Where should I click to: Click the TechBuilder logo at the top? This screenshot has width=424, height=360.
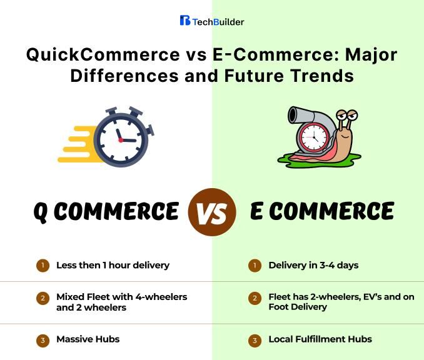[212, 21]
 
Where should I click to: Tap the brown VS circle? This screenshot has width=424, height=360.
[212, 212]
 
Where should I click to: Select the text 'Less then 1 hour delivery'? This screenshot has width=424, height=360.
[113, 265]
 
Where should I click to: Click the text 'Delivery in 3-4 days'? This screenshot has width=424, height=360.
[313, 265]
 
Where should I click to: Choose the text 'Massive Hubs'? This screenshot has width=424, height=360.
[88, 339]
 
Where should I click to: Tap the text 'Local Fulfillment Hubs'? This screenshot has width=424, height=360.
[320, 339]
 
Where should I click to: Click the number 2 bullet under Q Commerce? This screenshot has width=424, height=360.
[42, 299]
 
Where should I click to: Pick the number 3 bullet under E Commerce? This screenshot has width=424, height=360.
[255, 341]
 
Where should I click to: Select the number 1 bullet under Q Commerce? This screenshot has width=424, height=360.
[42, 266]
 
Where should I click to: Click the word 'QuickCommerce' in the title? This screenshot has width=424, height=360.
[88, 54]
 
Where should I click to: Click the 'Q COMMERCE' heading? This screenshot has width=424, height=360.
[106, 212]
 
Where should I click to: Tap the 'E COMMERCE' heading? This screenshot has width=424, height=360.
[321, 212]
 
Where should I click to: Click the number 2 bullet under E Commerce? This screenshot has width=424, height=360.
[255, 299]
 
